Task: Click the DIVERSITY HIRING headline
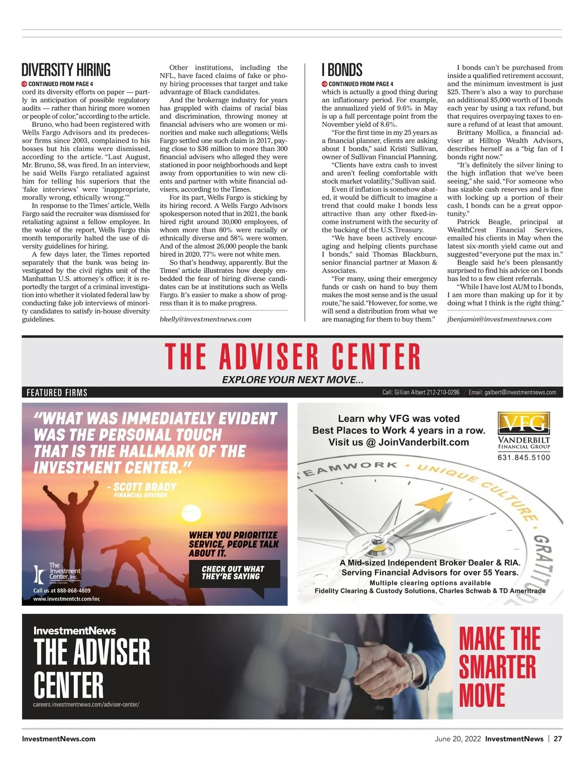click(66, 70)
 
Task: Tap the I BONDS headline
click(342, 70)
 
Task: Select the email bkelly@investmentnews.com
click(206, 319)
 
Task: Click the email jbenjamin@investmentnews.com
click(499, 319)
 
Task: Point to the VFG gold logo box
click(524, 423)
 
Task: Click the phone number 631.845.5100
click(524, 457)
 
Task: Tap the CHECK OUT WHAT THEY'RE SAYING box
click(233, 573)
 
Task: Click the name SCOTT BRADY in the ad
click(145, 487)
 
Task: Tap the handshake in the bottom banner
click(385, 666)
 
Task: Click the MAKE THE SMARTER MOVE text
click(499, 666)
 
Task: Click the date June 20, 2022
click(457, 739)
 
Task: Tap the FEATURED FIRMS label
click(57, 393)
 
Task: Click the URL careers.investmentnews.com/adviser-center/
click(86, 704)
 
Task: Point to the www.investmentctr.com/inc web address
click(66, 599)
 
